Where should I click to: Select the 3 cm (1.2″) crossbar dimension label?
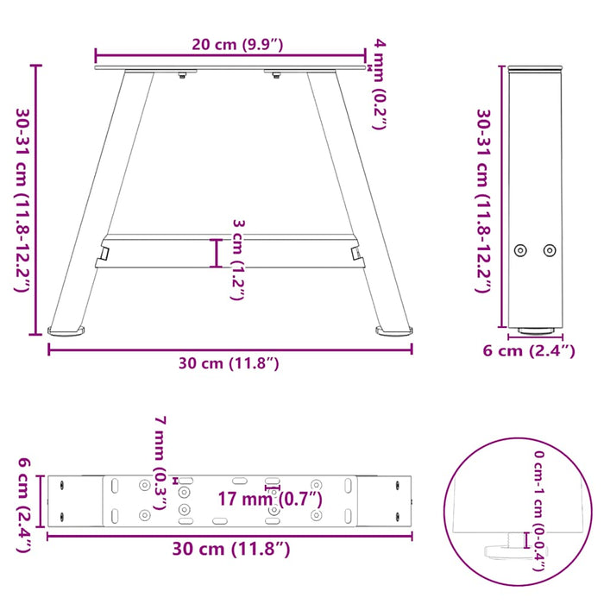239,259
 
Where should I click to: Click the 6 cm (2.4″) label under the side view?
529,351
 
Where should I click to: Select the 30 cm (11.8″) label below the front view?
229,363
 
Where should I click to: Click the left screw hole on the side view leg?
519,250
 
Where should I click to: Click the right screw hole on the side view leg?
550,250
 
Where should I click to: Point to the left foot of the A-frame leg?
67,329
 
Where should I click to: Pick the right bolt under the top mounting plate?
276,77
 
